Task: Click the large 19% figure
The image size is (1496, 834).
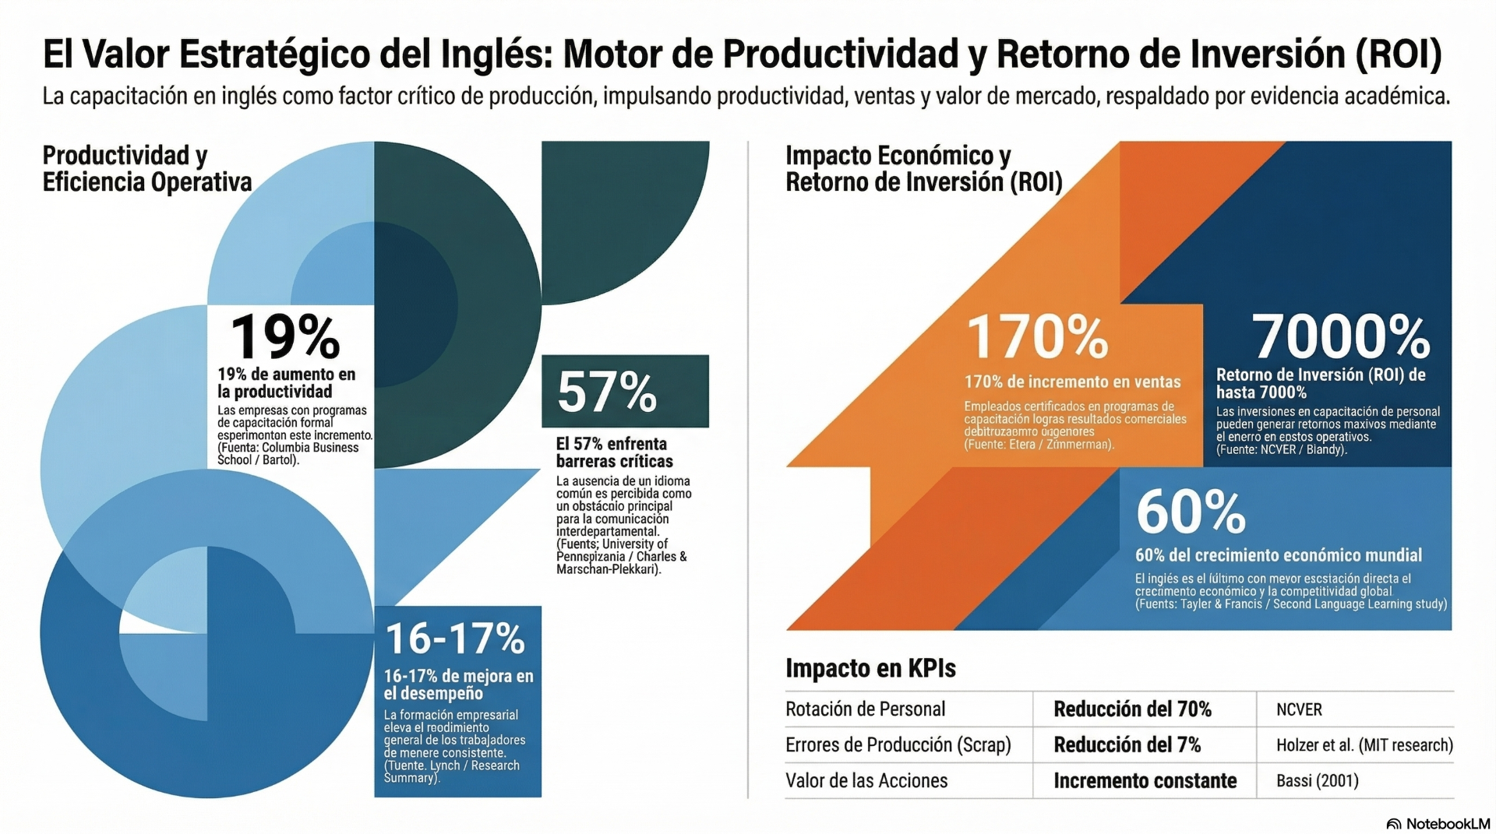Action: pyautogui.click(x=285, y=336)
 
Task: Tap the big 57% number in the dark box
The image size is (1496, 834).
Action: pyautogui.click(x=607, y=392)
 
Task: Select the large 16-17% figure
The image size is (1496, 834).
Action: pyautogui.click(x=455, y=639)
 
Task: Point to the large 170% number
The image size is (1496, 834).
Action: pyautogui.click(x=1037, y=337)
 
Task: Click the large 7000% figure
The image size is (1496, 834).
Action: pyautogui.click(x=1341, y=336)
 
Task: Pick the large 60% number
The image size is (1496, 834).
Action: pyautogui.click(x=1191, y=512)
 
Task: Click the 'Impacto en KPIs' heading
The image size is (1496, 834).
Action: pyautogui.click(x=870, y=668)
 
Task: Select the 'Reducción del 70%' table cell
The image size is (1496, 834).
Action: pyautogui.click(x=1132, y=709)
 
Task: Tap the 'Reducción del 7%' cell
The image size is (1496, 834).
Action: pyautogui.click(x=1127, y=745)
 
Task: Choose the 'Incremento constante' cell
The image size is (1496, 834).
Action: pyautogui.click(x=1145, y=781)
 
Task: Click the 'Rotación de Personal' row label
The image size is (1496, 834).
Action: pyautogui.click(x=865, y=709)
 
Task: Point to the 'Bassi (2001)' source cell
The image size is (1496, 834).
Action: pyautogui.click(x=1317, y=781)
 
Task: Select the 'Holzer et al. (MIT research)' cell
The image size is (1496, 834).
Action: pyautogui.click(x=1364, y=745)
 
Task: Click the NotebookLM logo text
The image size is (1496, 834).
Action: pyautogui.click(x=1447, y=824)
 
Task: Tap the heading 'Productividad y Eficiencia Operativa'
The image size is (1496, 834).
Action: pyautogui.click(x=147, y=168)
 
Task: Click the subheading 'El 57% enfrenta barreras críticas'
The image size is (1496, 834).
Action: pyautogui.click(x=614, y=452)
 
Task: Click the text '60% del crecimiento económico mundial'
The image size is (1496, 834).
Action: pyautogui.click(x=1278, y=555)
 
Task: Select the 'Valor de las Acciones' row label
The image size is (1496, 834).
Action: pyautogui.click(x=866, y=781)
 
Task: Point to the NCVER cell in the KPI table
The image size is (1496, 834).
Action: pyautogui.click(x=1299, y=709)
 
